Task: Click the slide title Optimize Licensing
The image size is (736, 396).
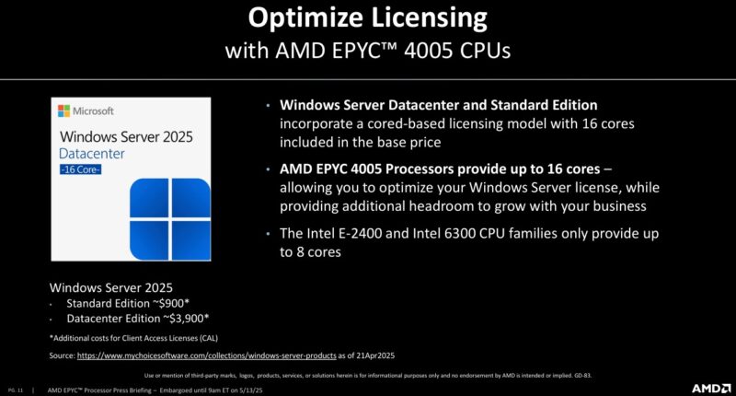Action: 368,18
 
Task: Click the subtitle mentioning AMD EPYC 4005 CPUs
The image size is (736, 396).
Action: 368,50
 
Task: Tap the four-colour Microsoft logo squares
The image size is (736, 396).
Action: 63,111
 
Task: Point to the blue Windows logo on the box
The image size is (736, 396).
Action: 162,209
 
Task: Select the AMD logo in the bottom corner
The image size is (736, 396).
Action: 711,388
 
